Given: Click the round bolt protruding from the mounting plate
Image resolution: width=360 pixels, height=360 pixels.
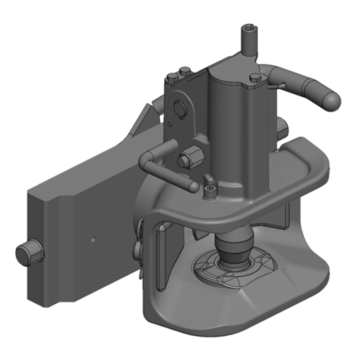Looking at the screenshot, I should point(29,255).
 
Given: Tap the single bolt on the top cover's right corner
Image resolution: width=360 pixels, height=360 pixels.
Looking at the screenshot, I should point(254,79).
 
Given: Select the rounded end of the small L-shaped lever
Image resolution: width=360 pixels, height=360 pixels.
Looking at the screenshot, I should point(192,186).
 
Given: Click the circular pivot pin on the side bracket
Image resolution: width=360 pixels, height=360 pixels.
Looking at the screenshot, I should point(179,108).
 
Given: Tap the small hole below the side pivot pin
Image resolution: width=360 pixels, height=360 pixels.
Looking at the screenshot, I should point(171,123).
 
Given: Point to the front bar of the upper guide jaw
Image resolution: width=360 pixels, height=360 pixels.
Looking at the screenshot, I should point(234,211).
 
